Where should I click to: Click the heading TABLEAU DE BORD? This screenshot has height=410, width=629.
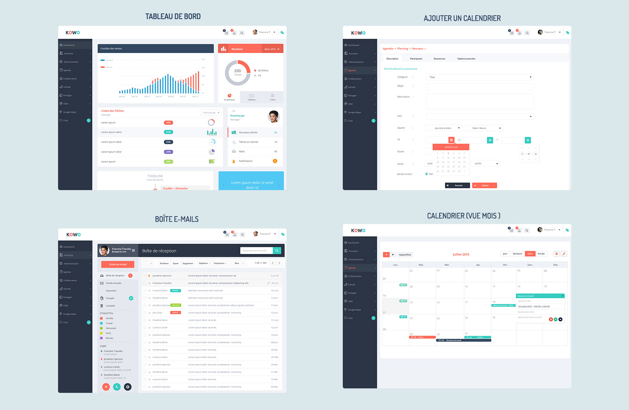173,16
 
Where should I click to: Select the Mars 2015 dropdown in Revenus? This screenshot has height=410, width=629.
272,49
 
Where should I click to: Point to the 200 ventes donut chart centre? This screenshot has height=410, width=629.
237,72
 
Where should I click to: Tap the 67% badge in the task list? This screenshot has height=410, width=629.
168,132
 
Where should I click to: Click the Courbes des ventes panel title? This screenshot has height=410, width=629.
111,48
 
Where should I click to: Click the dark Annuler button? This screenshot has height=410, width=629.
457,185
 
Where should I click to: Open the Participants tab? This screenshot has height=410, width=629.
416,59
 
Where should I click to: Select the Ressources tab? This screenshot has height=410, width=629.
439,59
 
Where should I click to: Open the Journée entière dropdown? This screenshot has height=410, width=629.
444,128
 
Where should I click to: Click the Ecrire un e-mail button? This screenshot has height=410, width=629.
118,264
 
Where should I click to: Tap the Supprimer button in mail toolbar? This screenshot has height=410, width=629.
188,263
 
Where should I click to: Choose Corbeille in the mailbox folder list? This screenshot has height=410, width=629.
110,306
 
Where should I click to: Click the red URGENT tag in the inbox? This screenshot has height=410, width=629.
175,313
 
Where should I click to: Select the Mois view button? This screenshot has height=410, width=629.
530,254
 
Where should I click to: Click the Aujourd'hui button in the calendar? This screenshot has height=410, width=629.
405,255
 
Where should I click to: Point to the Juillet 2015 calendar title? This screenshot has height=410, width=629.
461,254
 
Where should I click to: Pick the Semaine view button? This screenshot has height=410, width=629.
517,254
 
